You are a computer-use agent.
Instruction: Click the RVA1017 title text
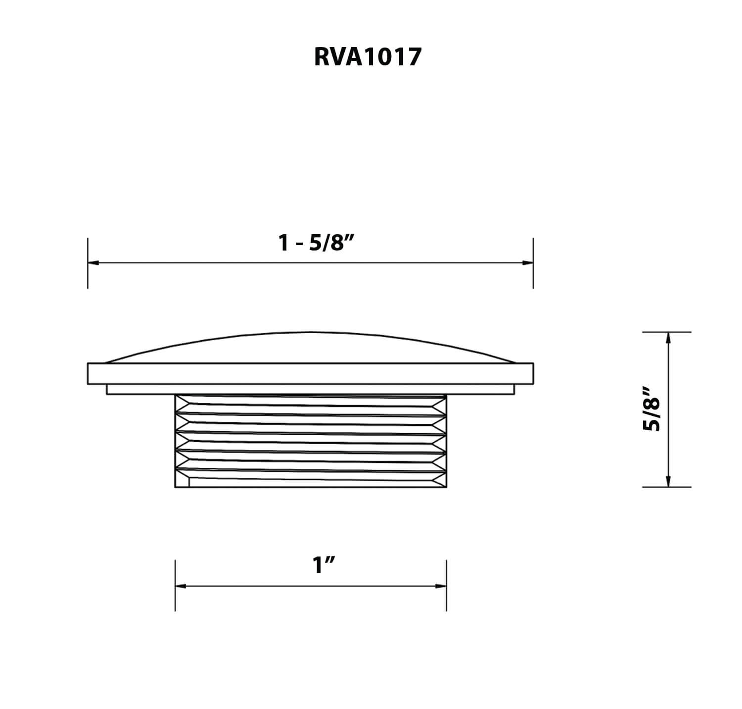368,57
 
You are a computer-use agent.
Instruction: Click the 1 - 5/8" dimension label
318,243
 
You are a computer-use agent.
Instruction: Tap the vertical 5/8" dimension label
652,409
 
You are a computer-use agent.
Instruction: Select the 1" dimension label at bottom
324,564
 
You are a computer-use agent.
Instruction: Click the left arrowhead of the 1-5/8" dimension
93,263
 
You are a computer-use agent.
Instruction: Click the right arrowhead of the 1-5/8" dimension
527,263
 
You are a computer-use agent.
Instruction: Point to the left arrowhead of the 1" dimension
181,586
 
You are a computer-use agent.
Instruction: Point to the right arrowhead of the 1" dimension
441,586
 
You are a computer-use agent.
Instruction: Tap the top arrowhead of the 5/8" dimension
668,338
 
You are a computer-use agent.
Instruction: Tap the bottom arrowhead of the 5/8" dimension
668,481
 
